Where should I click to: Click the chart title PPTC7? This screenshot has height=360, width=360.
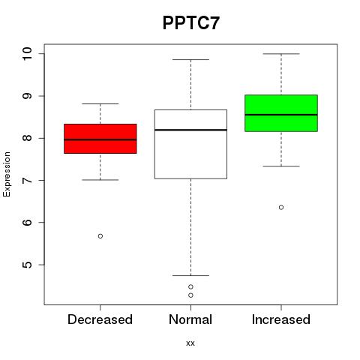tap(191, 23)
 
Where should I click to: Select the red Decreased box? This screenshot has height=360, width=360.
tap(100, 139)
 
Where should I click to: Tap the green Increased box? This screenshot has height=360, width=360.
tap(281, 113)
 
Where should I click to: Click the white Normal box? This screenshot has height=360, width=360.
tap(190, 144)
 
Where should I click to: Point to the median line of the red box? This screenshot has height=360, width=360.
tap(100, 139)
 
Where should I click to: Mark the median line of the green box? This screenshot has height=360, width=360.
tap(281, 115)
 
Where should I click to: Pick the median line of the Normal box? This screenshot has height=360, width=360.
tap(190, 130)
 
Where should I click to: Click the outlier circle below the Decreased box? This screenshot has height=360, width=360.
tap(100, 236)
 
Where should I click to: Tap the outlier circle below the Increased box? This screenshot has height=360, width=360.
tap(281, 207)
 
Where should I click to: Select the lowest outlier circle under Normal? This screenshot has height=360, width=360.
tap(190, 295)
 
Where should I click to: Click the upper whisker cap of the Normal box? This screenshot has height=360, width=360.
tap(190, 59)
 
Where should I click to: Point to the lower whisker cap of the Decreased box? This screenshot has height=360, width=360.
tap(100, 180)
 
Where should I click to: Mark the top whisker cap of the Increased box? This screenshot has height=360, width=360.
tap(281, 54)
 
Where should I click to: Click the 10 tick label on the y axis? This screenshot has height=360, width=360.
tap(27, 53)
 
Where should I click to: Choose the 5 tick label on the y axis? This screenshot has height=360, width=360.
tap(27, 265)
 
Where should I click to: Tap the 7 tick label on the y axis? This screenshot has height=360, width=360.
tap(27, 180)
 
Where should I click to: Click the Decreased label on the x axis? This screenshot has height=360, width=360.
tap(100, 319)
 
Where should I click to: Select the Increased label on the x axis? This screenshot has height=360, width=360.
tap(281, 319)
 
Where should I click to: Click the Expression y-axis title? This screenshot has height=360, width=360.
tap(7, 174)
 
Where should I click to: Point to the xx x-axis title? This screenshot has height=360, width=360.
tap(190, 343)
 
